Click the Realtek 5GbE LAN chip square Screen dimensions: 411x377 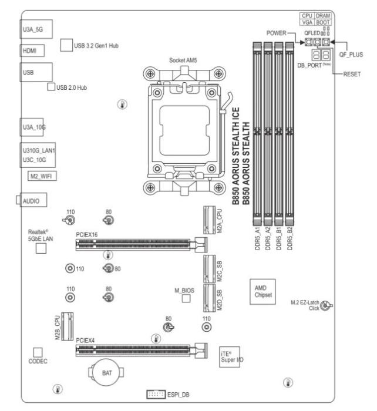[42, 248]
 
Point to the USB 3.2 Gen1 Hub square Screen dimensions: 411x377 [66, 45]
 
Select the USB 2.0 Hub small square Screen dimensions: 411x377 [51, 87]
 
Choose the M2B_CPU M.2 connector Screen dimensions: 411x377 [69, 325]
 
